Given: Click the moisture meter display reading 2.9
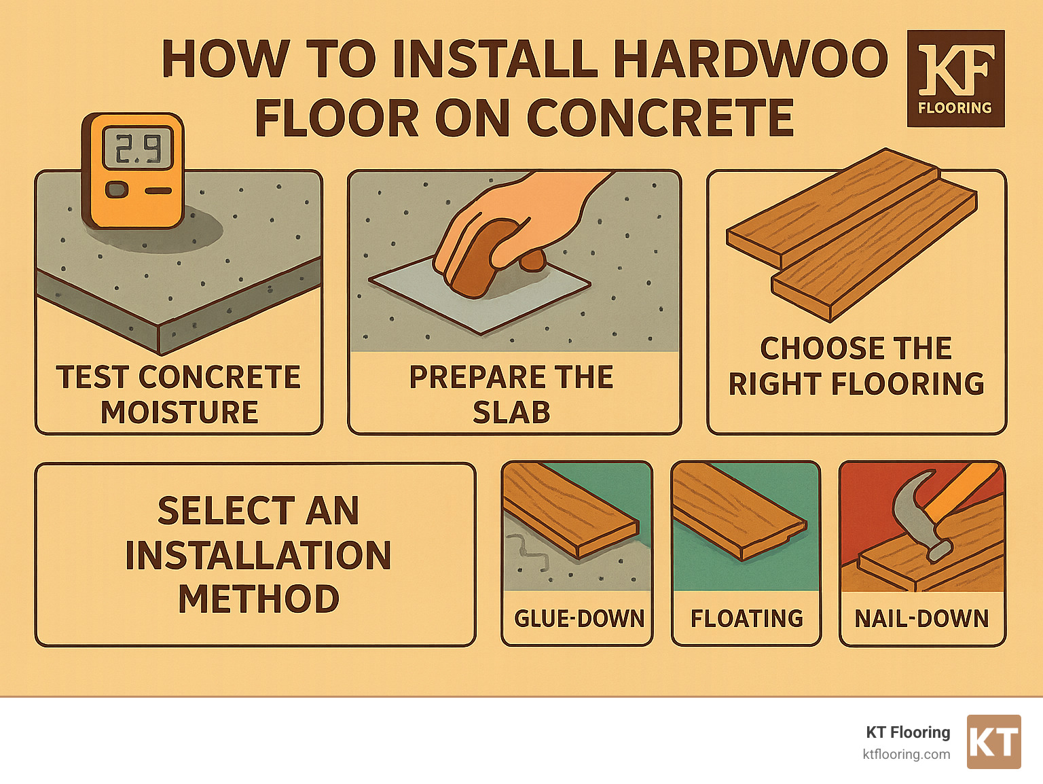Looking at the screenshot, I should [x=137, y=149].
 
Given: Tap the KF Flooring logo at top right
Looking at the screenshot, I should [x=955, y=79].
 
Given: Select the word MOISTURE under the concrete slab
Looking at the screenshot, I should [x=179, y=412].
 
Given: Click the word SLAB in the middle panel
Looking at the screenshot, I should [x=511, y=412].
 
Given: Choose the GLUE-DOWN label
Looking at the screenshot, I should [x=579, y=618].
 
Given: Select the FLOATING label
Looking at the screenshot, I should [x=746, y=618].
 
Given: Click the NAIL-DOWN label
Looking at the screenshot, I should [x=921, y=618].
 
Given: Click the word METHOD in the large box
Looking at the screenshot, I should [x=258, y=599].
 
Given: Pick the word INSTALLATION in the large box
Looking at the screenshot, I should [x=258, y=555].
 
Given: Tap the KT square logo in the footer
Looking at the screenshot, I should [x=993, y=742].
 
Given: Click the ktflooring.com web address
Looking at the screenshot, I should [x=906, y=754].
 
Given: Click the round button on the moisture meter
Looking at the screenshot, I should [x=117, y=190].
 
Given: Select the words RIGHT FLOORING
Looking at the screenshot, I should [x=856, y=384].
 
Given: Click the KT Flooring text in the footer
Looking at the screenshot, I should [x=908, y=732].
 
